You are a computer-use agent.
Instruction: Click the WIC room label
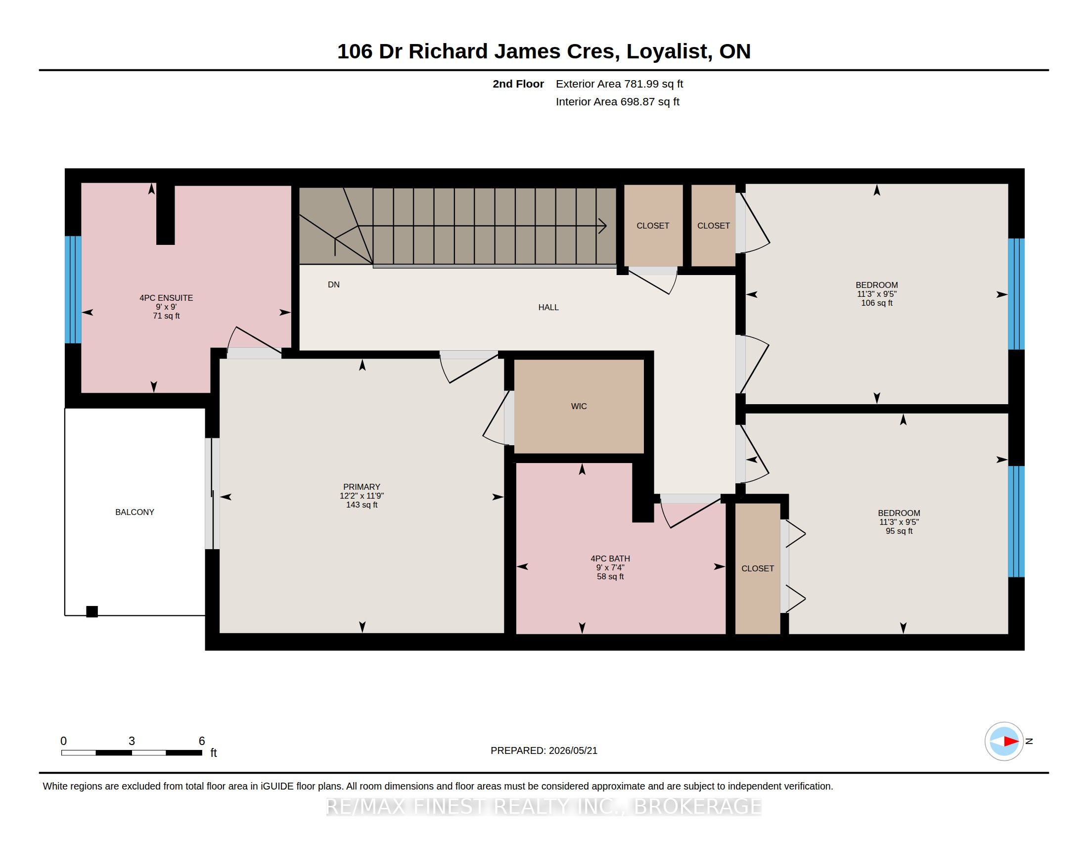579,407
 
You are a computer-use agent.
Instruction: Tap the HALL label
548,307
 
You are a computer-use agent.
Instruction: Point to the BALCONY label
135,512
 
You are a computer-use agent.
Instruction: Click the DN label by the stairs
334,284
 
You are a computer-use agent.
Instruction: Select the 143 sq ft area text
362,505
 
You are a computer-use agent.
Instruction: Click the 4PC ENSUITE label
166,298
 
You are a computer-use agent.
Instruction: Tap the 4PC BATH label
610,559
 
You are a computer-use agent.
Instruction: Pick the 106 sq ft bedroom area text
877,303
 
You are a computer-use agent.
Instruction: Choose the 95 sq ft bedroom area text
899,531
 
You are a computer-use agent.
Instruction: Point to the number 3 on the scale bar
132,741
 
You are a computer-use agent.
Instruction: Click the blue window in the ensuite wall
73,289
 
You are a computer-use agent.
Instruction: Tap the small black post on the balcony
92,611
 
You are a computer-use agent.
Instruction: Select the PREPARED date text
544,750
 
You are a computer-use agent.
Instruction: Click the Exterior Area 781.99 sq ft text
619,84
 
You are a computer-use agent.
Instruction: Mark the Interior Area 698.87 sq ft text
618,101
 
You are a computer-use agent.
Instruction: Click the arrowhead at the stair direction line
603,226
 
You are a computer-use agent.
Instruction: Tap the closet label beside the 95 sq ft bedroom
758,568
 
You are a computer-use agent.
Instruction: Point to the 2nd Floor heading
518,84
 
